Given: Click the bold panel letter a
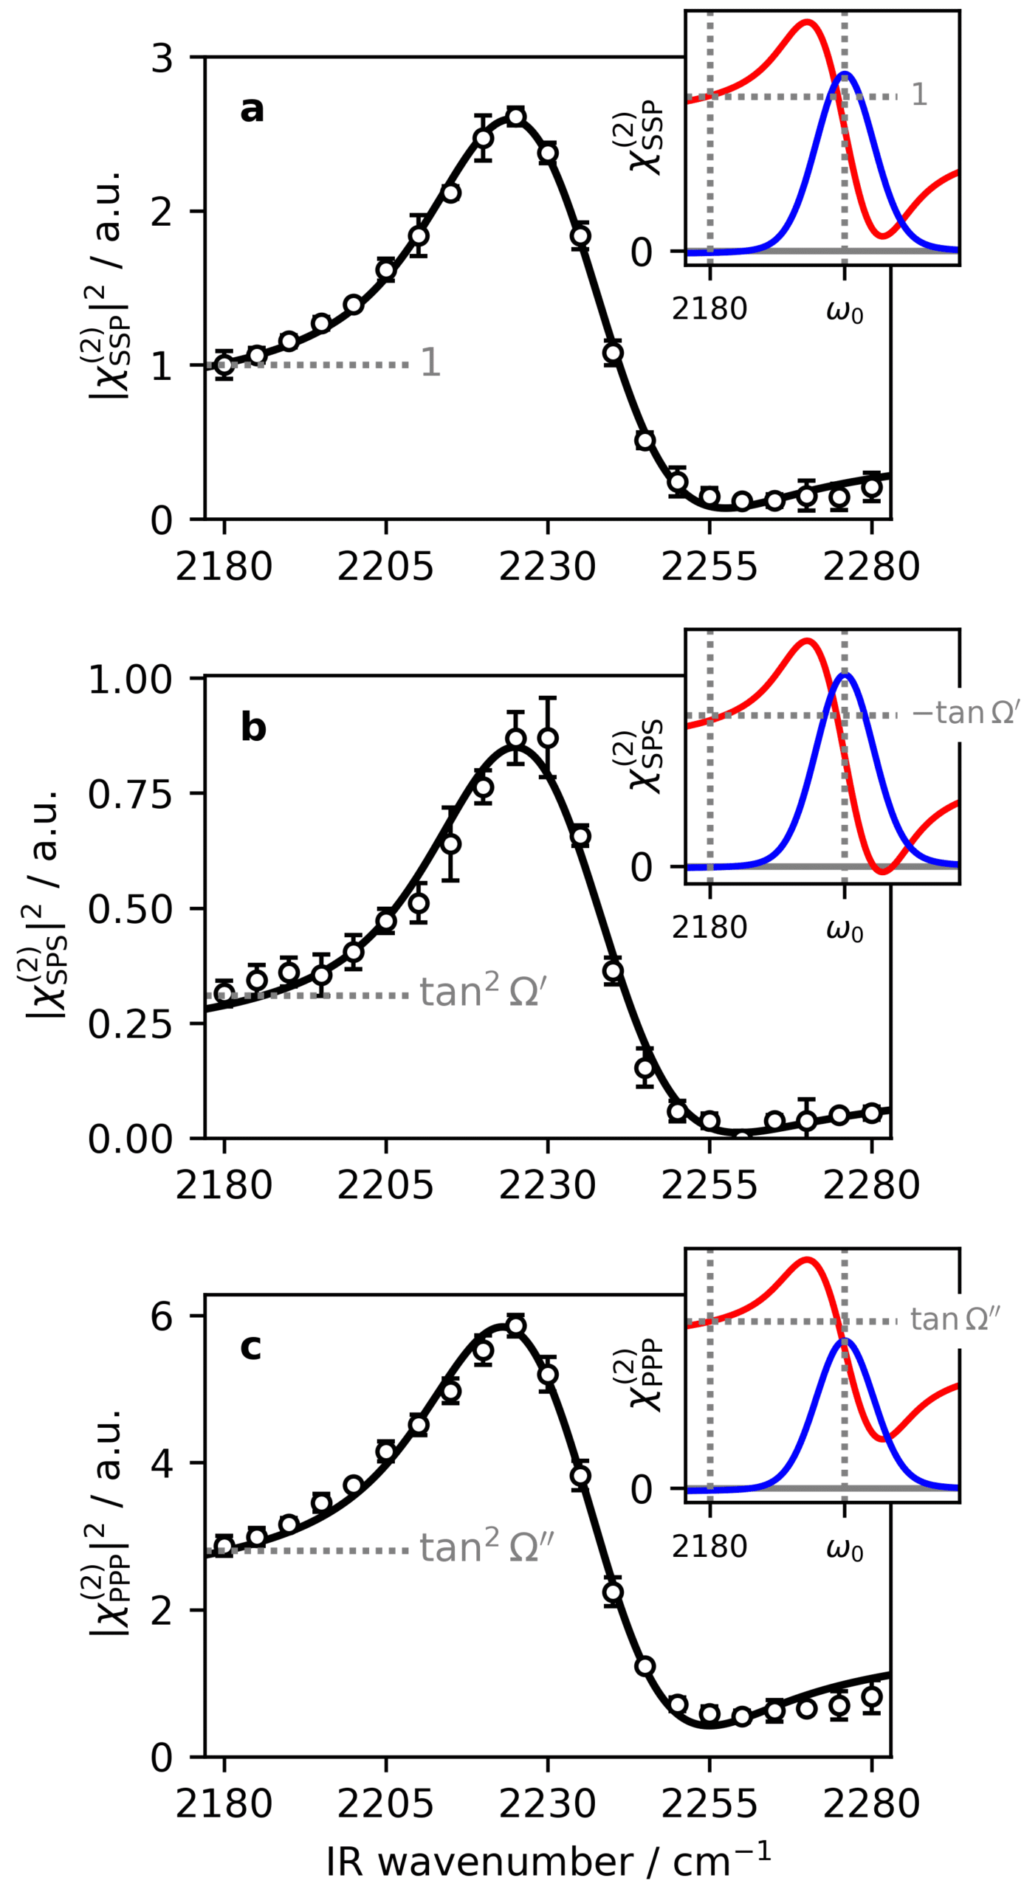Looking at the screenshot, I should pyautogui.click(x=252, y=109).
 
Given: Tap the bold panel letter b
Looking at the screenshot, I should pyautogui.click(x=253, y=728).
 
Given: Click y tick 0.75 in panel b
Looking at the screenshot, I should pyautogui.click(x=130, y=795).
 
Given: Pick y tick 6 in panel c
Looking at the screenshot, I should pyautogui.click(x=162, y=1316).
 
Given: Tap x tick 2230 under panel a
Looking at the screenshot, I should pyautogui.click(x=547, y=566).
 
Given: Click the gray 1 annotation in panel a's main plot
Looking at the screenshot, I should pyautogui.click(x=430, y=362).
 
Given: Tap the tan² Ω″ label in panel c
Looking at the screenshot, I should pyautogui.click(x=487, y=1547).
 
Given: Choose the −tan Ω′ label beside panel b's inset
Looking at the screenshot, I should pyautogui.click(x=966, y=713).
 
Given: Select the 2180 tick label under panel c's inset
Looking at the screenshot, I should pyautogui.click(x=709, y=1546).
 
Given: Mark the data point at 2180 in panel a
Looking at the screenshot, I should pyautogui.click(x=224, y=365).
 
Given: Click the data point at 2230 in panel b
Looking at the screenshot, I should pyautogui.click(x=548, y=738).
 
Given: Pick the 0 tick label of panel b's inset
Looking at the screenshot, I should pyautogui.click(x=641, y=867).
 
